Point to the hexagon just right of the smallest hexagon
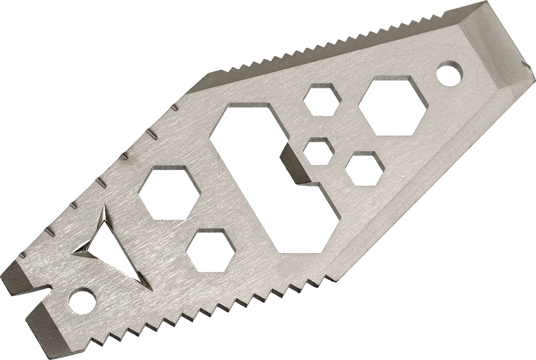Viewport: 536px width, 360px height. click(362, 166)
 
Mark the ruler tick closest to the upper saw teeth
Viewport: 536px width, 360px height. click(175, 108)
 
